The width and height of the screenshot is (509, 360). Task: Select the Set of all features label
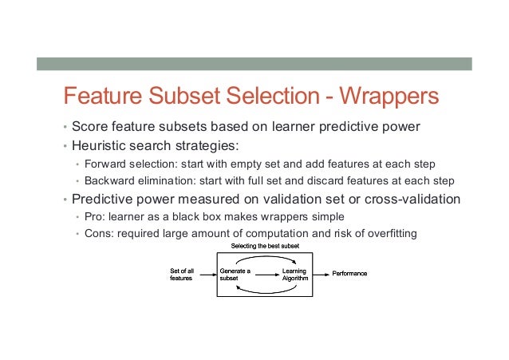click(181, 275)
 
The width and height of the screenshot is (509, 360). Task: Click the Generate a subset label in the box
click(235, 275)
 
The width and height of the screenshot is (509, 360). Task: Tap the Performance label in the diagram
click(349, 274)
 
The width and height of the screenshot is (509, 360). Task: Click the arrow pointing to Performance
click(322, 274)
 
